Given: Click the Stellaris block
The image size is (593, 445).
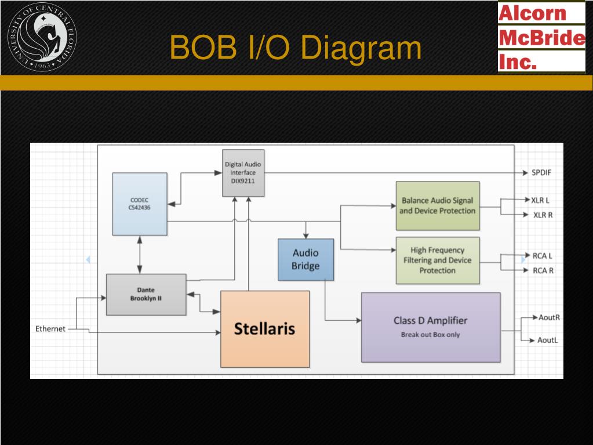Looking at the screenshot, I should pos(265,329).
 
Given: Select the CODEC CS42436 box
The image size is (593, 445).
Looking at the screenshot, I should pos(140,204).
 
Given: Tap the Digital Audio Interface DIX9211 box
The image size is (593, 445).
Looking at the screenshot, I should pos(243,172).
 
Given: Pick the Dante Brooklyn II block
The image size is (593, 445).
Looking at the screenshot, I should pos(146,294).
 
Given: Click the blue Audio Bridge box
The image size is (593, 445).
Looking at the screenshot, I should pos(305,259).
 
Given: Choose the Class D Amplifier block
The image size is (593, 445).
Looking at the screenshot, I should pos(430,327).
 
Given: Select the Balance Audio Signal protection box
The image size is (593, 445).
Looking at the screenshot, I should pos(437,205).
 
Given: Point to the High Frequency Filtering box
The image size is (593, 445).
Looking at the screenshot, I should pos(437,260).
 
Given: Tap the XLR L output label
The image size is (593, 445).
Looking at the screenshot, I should pos(540,200).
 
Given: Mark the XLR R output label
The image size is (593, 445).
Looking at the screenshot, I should pos(543,215).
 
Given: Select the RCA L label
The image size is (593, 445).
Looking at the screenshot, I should pos(543,255).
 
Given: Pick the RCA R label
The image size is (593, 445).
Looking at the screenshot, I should pos(543,270).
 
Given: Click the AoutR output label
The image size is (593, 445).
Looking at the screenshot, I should pos(549,317).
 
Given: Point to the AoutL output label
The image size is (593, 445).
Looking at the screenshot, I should pos(548,340).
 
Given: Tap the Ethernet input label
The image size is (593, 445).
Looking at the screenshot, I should pos(50,328).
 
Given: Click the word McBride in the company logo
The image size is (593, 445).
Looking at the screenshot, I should pos(541,38).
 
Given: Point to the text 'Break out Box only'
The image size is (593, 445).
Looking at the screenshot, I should pos(430,335).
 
